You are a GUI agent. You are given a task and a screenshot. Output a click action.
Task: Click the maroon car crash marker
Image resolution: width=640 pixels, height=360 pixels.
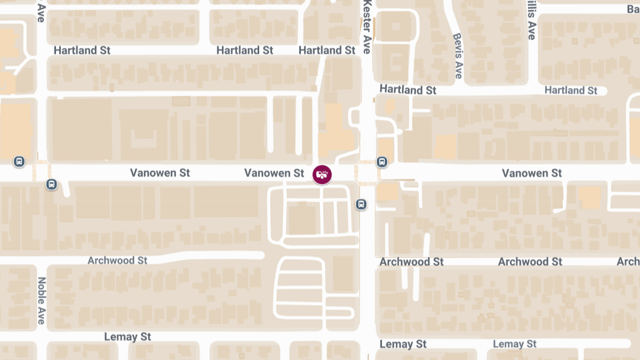click(322, 174)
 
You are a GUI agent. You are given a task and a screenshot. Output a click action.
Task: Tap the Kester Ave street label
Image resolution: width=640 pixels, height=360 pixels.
click(366, 27)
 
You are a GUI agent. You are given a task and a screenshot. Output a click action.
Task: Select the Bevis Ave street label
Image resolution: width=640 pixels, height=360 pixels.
click(457, 55)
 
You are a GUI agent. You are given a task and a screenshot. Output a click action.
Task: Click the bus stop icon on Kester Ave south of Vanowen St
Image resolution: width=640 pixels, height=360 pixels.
click(361, 204)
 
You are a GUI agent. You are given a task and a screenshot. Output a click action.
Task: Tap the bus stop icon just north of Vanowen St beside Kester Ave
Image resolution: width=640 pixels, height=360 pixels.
click(382, 162)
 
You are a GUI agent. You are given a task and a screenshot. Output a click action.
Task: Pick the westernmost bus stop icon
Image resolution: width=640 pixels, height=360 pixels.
click(19, 161)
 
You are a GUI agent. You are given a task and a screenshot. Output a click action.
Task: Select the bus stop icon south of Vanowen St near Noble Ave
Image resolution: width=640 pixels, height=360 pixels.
click(51, 185)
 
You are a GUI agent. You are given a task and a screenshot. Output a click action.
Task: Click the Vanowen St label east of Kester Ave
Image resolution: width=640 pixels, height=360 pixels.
click(532, 173)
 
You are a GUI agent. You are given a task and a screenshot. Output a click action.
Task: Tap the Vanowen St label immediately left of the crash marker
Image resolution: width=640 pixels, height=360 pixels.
click(274, 173)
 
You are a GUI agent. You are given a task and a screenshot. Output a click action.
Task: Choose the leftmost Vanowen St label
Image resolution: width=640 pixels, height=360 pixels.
click(160, 173)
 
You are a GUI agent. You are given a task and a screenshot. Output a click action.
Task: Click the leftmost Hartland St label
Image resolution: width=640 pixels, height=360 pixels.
click(82, 51)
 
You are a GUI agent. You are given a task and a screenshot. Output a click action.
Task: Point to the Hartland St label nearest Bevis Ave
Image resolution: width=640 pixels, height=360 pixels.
click(408, 90)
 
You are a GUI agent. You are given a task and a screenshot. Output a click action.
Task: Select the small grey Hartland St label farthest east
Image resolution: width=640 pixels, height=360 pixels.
click(571, 91)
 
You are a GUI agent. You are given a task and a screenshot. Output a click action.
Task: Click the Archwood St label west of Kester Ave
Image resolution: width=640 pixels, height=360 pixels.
click(117, 261)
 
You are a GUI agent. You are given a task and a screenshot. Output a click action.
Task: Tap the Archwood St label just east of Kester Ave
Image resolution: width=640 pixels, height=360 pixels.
click(412, 262)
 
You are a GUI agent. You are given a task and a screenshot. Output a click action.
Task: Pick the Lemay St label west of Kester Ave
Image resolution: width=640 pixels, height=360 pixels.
click(127, 337)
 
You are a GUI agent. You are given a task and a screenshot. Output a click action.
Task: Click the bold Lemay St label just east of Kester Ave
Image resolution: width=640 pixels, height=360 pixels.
click(403, 344)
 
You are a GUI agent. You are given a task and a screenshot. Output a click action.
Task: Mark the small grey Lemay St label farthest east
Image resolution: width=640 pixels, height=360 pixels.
click(515, 344)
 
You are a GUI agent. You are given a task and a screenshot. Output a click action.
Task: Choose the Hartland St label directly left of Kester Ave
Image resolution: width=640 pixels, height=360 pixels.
click(326, 51)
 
